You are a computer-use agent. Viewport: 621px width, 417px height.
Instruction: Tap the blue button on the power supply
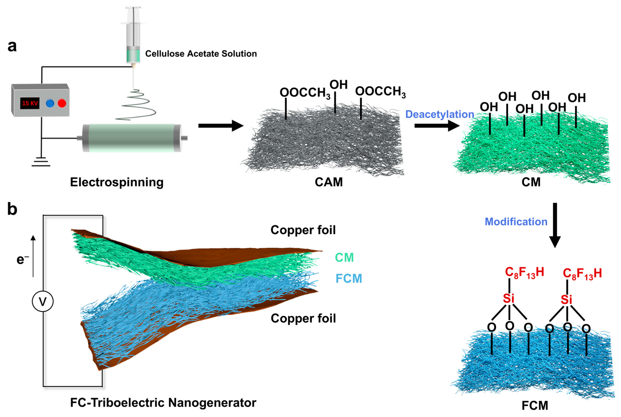(x=50, y=103)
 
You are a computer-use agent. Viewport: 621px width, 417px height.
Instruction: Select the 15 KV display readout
(x=30, y=103)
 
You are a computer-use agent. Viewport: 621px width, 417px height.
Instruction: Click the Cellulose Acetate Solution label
(x=201, y=54)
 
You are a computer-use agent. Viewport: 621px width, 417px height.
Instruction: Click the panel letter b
(x=12, y=209)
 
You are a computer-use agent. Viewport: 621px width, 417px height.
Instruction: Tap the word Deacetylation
(x=439, y=114)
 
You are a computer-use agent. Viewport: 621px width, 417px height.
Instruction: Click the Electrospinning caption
(x=117, y=183)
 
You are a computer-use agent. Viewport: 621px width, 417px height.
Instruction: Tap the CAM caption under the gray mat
(x=329, y=183)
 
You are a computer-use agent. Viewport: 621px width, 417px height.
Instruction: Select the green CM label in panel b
(x=344, y=257)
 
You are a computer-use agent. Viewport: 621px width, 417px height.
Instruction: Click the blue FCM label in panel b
(x=349, y=278)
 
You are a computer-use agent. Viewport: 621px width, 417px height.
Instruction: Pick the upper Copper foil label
(x=303, y=230)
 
